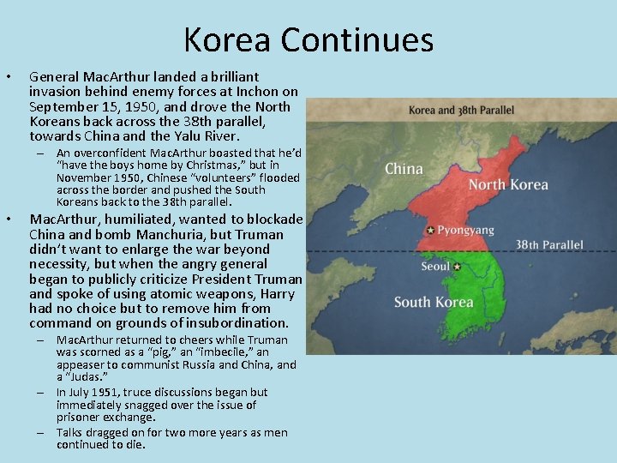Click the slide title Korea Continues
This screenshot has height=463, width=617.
coord(308,39)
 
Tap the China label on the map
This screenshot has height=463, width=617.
coord(404,168)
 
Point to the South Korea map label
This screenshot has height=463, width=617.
coord(434,302)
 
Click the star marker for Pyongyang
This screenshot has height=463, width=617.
coord(429,230)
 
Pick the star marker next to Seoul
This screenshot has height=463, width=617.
coord(457,267)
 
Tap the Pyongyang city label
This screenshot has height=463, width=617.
coord(465,231)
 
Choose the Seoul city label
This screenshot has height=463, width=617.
coord(435,267)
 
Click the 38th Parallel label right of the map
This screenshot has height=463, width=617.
coord(549,244)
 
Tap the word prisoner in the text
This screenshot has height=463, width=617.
coord(80,418)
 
